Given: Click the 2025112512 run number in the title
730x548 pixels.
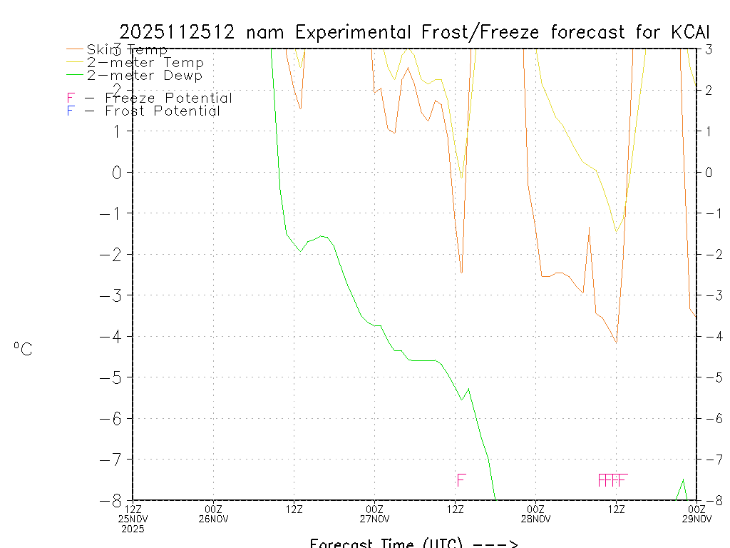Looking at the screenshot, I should (180, 32).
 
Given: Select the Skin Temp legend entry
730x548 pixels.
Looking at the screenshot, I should (127, 50).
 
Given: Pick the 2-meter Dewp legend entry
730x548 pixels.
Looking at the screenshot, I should (144, 75).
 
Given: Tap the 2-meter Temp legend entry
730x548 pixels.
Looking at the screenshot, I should (145, 63).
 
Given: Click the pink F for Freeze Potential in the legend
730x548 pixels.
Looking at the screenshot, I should (71, 98).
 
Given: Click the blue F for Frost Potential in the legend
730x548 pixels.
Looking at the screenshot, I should (71, 111).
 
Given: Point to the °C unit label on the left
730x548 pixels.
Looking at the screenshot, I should (23, 349).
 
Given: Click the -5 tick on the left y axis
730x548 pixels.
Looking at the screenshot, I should (115, 377).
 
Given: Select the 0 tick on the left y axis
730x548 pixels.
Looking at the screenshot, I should (119, 172).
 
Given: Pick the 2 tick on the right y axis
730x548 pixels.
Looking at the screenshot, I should (709, 90).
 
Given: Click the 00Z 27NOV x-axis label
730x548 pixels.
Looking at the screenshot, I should (375, 514).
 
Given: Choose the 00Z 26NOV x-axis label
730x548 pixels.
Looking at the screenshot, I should (214, 514).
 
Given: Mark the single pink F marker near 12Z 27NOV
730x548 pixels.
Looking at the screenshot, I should (461, 479).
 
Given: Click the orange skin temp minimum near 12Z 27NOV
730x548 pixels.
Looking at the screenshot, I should (461, 273).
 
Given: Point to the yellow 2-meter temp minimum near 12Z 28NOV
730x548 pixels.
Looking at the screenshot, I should (616, 231).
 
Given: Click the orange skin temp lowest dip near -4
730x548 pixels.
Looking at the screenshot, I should (616, 342).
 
